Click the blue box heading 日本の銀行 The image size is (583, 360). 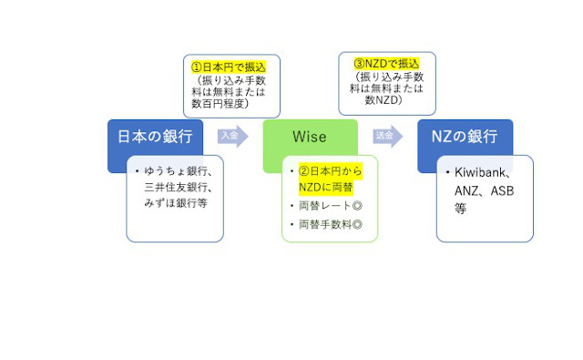click(x=155, y=137)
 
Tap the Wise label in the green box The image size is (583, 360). click(x=310, y=137)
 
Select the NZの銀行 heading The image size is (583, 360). click(x=465, y=137)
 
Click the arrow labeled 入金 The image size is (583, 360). click(x=233, y=136)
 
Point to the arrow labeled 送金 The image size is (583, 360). click(x=388, y=136)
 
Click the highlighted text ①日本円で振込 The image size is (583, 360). click(x=229, y=67)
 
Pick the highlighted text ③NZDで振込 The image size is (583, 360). click(x=386, y=64)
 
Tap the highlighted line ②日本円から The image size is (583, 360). click(x=330, y=171)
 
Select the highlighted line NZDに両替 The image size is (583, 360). click(x=326, y=187)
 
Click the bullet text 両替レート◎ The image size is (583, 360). click(x=331, y=206)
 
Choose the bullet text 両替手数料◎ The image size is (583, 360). click(x=331, y=224)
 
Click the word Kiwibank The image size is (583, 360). click(x=480, y=172)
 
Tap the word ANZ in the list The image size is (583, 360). click(x=465, y=191)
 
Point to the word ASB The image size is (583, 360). click(x=502, y=191)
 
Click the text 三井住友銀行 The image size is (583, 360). click(x=176, y=187)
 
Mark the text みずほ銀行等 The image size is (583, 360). click(x=176, y=203)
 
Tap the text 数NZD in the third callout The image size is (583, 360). click(x=381, y=99)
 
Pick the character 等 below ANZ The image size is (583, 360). click(x=460, y=209)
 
